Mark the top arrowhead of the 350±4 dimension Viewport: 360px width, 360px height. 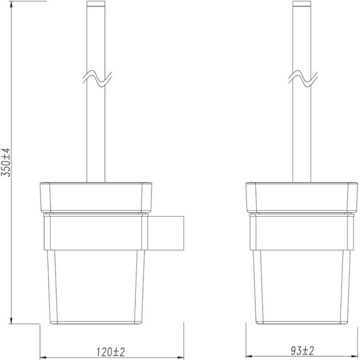click(x=14, y=4)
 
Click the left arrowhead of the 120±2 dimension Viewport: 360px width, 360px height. click(x=44, y=355)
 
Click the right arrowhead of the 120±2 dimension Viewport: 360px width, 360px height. click(x=180, y=355)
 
